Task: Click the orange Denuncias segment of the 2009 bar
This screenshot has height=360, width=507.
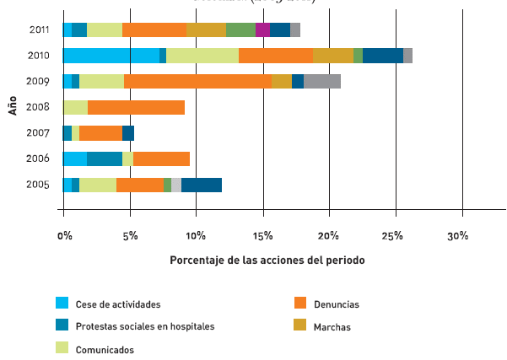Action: point(197,81)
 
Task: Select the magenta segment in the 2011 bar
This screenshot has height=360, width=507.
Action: point(262,30)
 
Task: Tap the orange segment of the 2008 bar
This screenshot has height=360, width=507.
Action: point(136,107)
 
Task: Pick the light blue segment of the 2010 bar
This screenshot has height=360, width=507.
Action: point(111,56)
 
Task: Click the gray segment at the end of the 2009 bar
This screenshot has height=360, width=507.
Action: point(322,81)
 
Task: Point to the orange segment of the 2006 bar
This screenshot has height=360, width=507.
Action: point(161,159)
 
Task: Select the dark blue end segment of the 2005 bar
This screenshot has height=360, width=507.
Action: point(202,185)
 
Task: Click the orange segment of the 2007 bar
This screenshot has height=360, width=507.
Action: point(100,132)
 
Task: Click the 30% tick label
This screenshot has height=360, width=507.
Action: point(458,236)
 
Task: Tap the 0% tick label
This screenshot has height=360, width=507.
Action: point(65,236)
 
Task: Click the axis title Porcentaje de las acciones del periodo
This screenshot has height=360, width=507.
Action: point(267,261)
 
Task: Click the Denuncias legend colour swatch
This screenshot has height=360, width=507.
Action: point(299,303)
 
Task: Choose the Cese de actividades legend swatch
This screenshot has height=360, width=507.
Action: point(62,303)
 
